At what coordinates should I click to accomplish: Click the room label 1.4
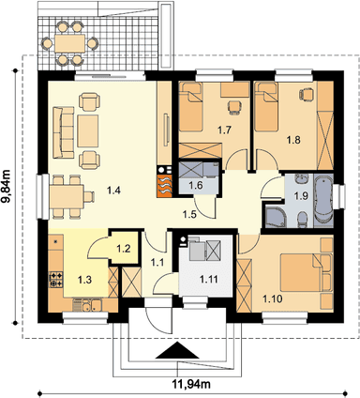[113, 190]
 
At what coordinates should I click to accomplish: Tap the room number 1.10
[273, 299]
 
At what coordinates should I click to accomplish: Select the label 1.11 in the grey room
[209, 279]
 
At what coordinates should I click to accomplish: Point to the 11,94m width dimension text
[191, 383]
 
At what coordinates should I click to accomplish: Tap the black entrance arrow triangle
[177, 350]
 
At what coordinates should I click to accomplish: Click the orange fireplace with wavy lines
[164, 186]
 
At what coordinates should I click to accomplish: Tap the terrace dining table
[69, 43]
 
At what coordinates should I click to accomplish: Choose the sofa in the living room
[64, 131]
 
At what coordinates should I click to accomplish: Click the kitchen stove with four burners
[56, 280]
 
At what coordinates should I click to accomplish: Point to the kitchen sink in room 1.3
[87, 305]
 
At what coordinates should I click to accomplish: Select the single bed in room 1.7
[190, 107]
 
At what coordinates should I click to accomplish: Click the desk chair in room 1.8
[306, 94]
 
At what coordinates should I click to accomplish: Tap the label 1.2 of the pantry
[123, 249]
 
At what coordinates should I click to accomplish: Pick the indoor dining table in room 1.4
[67, 197]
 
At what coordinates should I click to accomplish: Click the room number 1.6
[196, 185]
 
